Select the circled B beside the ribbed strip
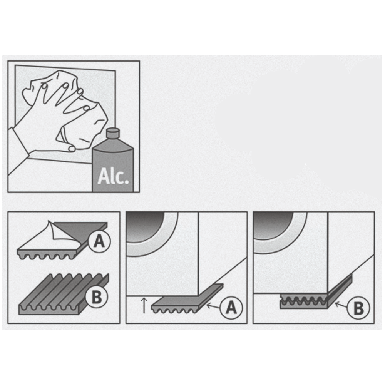97,297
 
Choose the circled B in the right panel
359,308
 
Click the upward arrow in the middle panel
144,305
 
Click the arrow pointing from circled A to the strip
214,306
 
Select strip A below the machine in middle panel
187,298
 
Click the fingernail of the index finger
44,86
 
